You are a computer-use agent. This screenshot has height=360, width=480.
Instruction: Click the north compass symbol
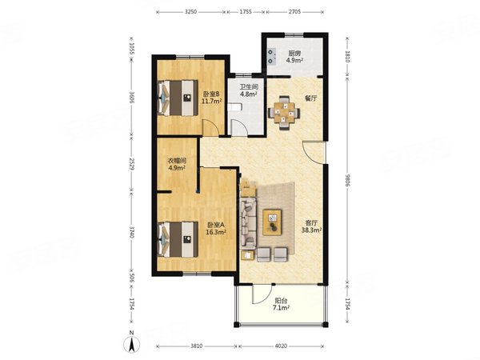click(x=132, y=343)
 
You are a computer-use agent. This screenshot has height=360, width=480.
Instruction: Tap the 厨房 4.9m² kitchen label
click(x=294, y=57)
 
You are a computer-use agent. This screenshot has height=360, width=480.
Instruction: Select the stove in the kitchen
click(x=271, y=57)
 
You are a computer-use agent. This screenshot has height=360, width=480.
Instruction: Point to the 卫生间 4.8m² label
click(x=248, y=90)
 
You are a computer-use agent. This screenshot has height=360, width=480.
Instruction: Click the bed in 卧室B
click(x=178, y=98)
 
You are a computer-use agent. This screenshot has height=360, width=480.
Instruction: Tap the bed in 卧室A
click(x=178, y=240)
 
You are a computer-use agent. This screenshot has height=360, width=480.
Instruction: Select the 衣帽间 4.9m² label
click(x=177, y=164)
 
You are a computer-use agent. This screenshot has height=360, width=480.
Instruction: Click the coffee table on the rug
click(x=272, y=222)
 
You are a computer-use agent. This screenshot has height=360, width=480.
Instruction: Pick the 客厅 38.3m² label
click(x=311, y=226)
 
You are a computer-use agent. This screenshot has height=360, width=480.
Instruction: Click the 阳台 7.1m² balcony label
click(x=281, y=304)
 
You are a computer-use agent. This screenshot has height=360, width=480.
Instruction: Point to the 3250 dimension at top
click(x=191, y=12)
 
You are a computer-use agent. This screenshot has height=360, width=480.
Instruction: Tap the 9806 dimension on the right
click(x=347, y=181)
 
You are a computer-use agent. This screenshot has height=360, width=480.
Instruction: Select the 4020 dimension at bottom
click(x=281, y=346)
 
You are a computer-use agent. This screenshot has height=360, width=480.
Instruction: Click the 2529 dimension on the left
click(x=132, y=164)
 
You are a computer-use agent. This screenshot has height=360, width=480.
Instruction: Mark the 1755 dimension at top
click(x=246, y=12)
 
